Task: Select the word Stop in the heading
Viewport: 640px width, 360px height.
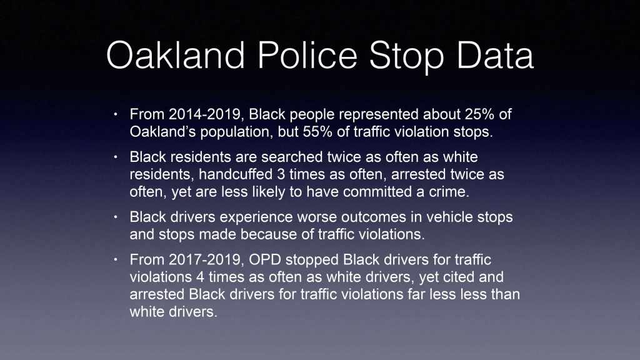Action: click(x=406, y=57)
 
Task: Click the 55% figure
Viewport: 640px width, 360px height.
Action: click(x=317, y=132)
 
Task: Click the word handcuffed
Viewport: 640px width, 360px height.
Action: click(x=236, y=174)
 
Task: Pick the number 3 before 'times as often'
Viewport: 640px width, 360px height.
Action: click(x=281, y=174)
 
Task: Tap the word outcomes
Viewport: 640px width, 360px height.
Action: click(x=374, y=217)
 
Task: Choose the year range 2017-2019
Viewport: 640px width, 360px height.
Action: click(x=206, y=259)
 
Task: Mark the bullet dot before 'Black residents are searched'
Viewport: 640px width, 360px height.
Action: click(x=116, y=157)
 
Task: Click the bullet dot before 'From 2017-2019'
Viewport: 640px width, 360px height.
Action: click(x=116, y=259)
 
